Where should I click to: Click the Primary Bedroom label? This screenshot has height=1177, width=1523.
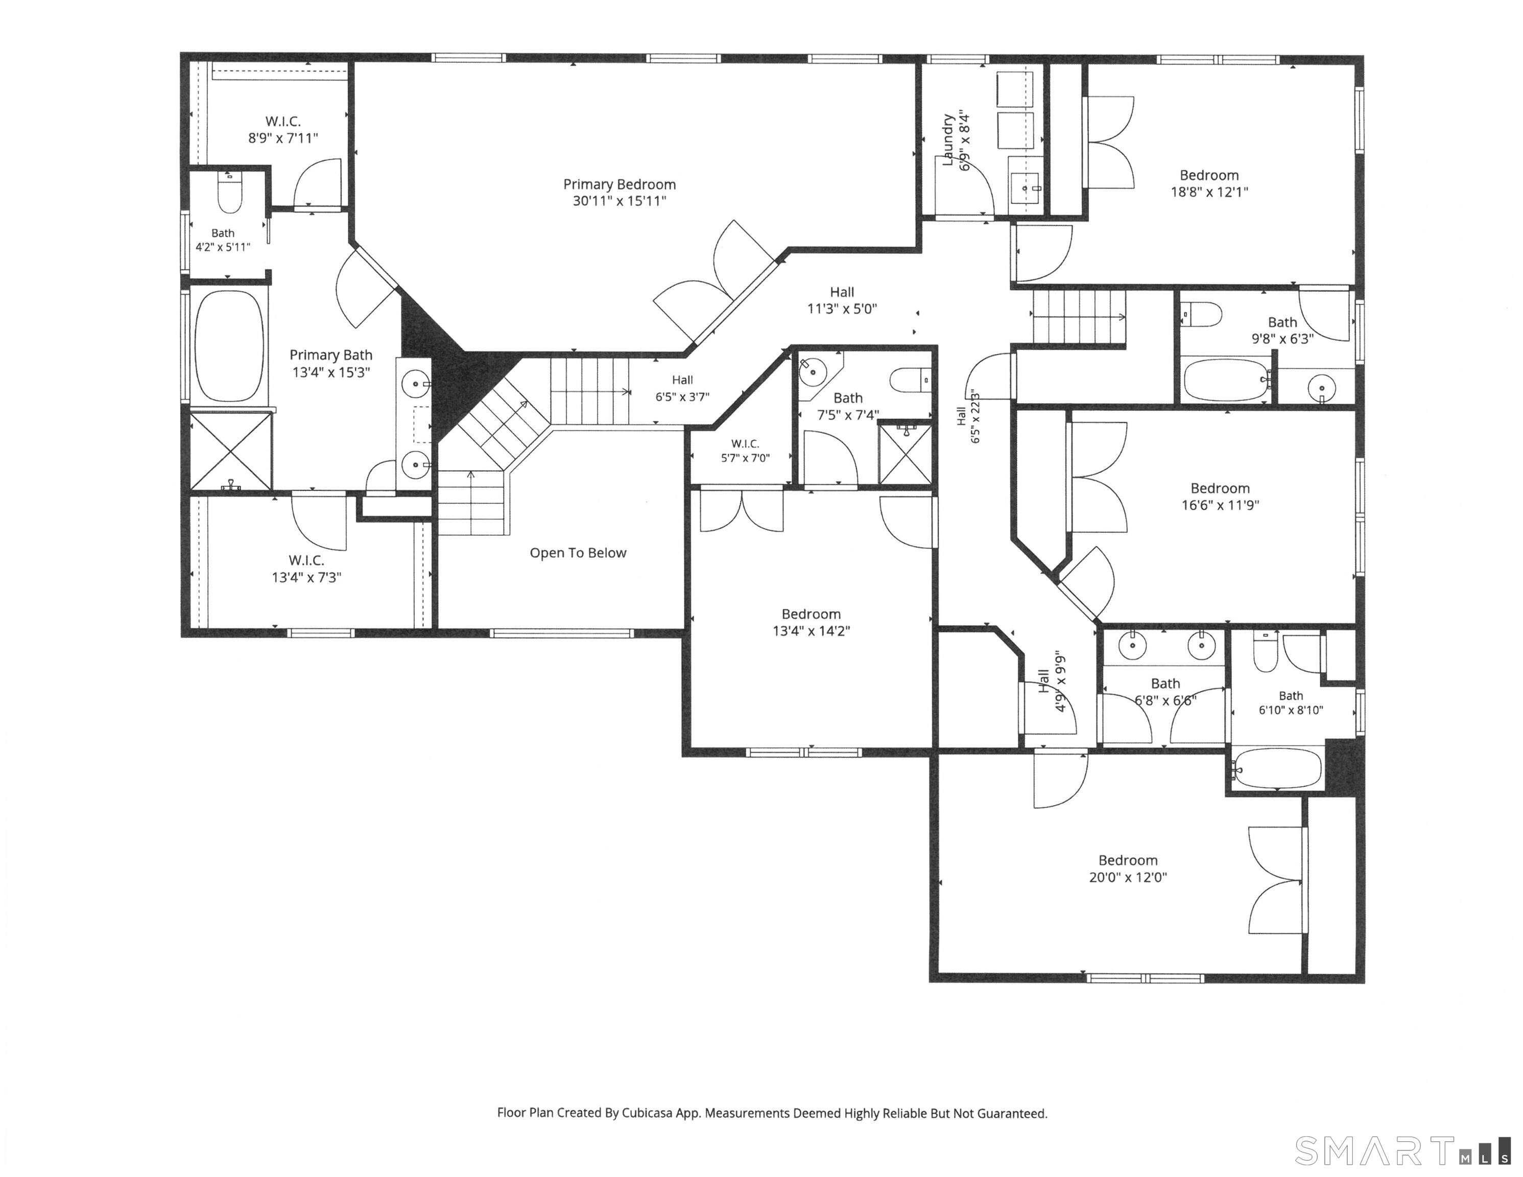[x=619, y=184]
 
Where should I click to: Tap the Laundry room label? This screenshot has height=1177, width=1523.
[x=948, y=139]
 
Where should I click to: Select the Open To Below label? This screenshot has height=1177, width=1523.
[x=578, y=553]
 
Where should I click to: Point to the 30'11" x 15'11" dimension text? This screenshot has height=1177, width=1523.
[x=619, y=201]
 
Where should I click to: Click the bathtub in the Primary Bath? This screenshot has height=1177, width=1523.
[x=229, y=345]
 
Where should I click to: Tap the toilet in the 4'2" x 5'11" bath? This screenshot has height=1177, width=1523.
[x=229, y=191]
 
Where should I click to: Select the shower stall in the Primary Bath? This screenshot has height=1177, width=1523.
[x=231, y=451]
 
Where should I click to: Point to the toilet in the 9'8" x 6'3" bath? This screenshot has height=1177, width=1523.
[x=1202, y=314]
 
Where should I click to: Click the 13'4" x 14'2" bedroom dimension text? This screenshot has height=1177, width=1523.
[x=811, y=631]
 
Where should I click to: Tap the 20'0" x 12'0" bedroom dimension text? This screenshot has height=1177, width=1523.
[x=1128, y=877]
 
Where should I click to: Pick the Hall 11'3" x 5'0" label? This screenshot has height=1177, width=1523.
[x=842, y=300]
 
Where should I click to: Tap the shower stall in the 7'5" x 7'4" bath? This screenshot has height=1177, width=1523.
[x=905, y=454]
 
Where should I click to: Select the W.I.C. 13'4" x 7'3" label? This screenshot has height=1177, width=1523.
[x=306, y=569]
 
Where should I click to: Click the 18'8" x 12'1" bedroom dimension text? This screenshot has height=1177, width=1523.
[x=1209, y=192]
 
